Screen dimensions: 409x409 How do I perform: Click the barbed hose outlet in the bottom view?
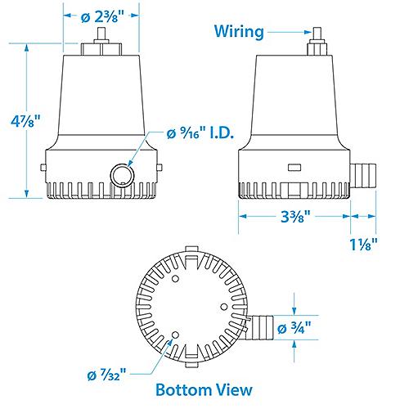point(264,327)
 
